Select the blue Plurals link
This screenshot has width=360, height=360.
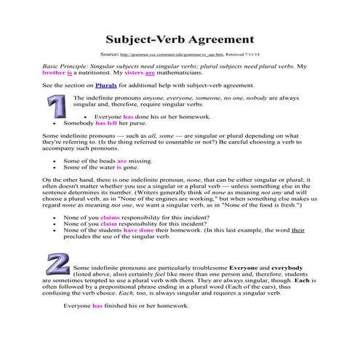96,86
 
